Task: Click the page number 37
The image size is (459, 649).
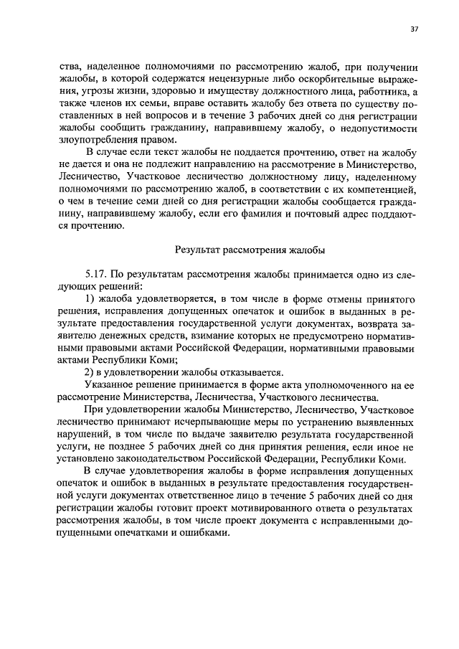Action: click(x=415, y=29)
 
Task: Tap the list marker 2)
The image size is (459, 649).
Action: click(x=90, y=371)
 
